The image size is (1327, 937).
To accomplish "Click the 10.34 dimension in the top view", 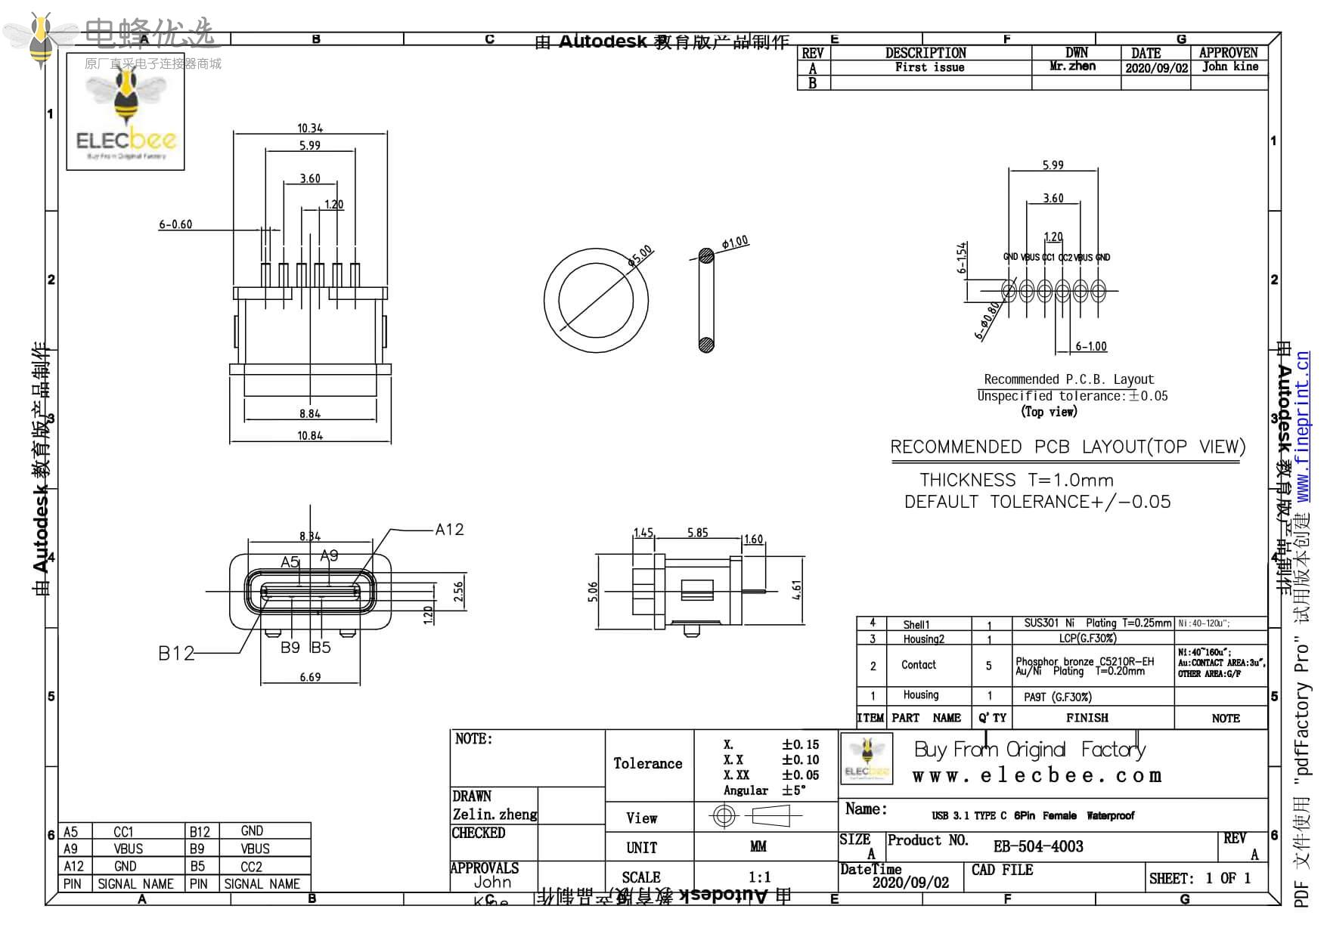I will tap(310, 128).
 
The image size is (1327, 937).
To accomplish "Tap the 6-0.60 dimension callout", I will tap(175, 224).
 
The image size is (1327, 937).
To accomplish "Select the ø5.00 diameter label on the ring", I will tap(640, 255).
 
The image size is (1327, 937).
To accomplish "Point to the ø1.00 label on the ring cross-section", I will tap(735, 243).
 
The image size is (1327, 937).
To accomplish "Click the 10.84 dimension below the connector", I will tap(310, 436).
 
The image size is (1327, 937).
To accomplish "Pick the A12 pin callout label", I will tap(449, 530).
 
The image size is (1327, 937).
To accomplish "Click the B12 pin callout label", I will tap(176, 654).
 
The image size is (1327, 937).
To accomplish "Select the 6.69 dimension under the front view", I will tap(310, 678).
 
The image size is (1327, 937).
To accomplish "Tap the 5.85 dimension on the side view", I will tap(697, 533).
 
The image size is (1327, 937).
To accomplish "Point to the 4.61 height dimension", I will tap(796, 590).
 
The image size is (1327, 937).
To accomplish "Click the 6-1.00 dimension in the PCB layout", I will tap(1091, 347).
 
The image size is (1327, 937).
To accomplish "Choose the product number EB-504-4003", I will tap(1038, 846).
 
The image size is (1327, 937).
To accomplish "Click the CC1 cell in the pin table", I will tap(123, 832).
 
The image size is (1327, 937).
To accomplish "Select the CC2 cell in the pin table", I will tap(251, 867).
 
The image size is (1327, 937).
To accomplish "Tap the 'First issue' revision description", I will tap(929, 67).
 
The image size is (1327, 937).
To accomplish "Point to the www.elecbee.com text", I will tap(1037, 776).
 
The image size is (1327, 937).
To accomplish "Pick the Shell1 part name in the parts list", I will tap(916, 625).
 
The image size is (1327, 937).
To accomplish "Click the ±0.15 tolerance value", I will tap(800, 745).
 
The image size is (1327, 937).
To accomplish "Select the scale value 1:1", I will tap(759, 877).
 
